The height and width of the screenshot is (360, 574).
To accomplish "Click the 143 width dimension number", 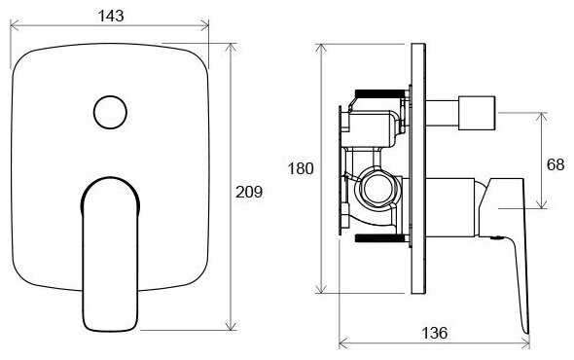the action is click(111, 16).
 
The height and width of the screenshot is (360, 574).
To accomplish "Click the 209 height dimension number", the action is click(249, 192).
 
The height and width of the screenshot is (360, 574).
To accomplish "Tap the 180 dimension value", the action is click(301, 168).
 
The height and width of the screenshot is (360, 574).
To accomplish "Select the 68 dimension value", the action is click(556, 164).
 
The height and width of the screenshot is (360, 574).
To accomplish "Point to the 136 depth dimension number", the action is click(435, 333).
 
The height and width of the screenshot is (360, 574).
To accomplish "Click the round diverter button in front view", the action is click(110, 113).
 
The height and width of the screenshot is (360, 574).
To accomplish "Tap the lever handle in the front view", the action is click(110, 255).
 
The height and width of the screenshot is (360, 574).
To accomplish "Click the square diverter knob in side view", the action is click(477, 113).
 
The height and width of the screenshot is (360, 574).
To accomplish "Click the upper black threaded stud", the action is click(380, 93).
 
